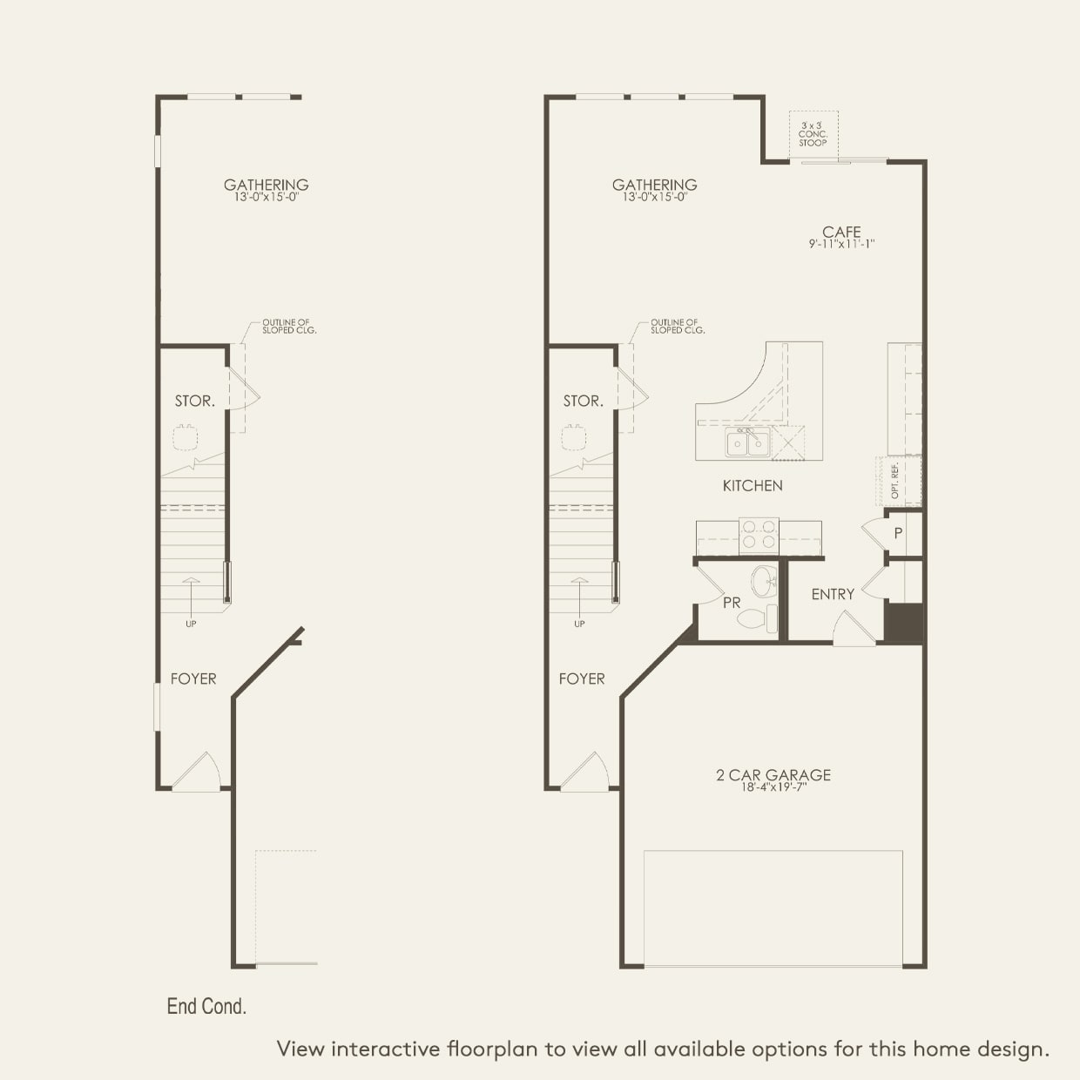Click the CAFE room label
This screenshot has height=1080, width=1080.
(x=841, y=232)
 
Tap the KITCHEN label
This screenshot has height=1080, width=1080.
(x=753, y=485)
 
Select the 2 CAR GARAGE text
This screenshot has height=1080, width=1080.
(x=773, y=774)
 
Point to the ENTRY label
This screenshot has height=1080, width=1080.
(x=833, y=594)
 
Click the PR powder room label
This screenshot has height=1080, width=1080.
(x=732, y=602)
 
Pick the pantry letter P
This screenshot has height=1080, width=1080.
(x=898, y=533)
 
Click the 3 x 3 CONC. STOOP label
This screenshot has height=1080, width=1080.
(x=813, y=134)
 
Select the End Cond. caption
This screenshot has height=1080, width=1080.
(x=206, y=1006)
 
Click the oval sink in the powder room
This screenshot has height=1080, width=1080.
(x=764, y=580)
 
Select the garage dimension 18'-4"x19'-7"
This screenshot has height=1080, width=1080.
(x=773, y=788)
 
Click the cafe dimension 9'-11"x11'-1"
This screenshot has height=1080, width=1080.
(x=841, y=245)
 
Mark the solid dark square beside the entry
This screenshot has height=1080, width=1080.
(x=903, y=621)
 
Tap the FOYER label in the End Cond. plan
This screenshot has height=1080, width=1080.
(x=193, y=678)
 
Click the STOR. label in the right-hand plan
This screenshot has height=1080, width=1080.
(x=583, y=401)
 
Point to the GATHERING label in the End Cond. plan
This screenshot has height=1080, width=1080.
(x=266, y=185)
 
